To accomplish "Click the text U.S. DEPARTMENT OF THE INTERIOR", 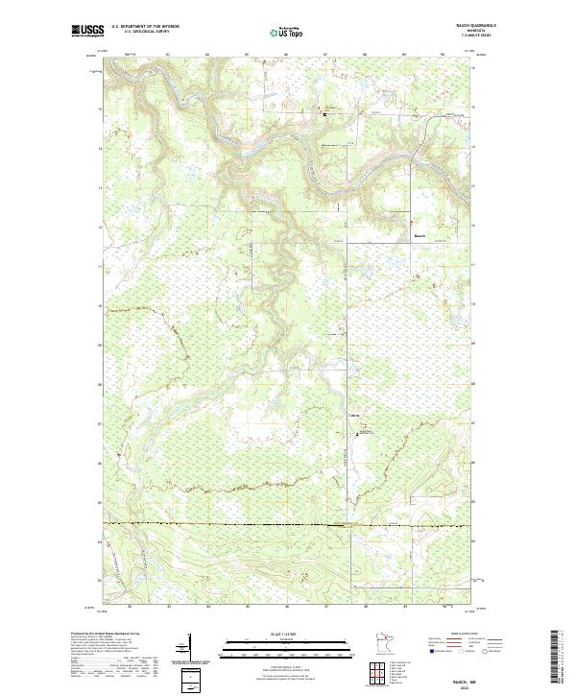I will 145,27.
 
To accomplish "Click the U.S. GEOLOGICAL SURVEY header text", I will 144,32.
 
